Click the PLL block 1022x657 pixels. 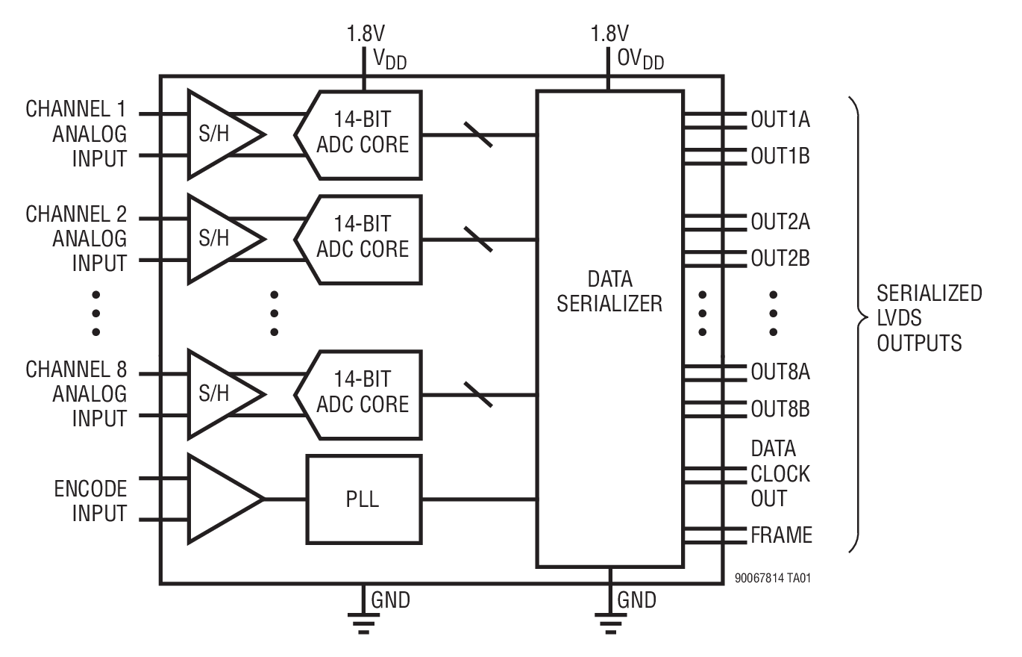[x=363, y=499]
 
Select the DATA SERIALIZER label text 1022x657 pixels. [x=609, y=292]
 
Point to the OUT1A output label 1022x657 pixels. [x=780, y=119]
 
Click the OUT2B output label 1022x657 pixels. [x=780, y=258]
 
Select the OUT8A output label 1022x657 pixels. [x=780, y=372]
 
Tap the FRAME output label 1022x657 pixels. [x=781, y=535]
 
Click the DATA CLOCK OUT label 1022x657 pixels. [x=780, y=473]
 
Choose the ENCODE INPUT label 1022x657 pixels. [x=90, y=502]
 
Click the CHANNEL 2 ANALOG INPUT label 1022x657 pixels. [x=76, y=239]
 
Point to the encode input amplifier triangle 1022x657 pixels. [x=220, y=499]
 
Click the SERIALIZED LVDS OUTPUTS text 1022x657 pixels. [x=929, y=318]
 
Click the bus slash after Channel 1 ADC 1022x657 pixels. [x=477, y=135]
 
